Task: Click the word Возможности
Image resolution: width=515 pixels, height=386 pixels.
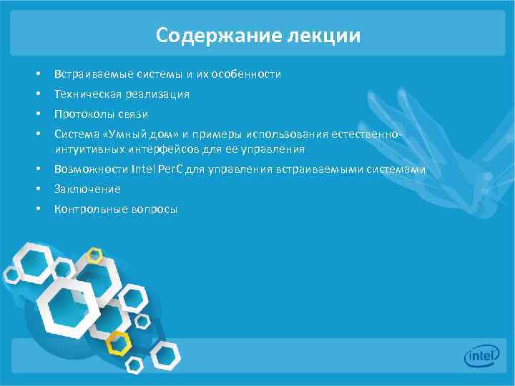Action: tap(92, 169)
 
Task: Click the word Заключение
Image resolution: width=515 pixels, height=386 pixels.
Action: tap(87, 189)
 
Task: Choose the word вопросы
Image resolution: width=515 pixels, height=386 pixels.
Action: tap(154, 209)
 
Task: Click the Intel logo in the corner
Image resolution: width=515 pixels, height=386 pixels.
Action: tap(481, 355)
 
